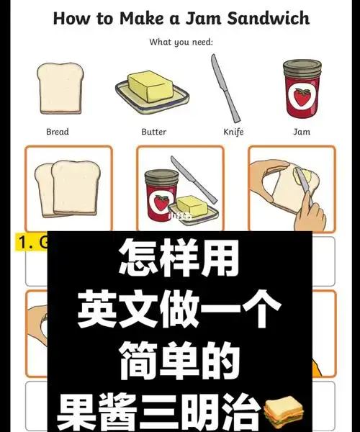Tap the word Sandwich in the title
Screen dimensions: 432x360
[266, 18]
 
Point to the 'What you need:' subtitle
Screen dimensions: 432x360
[181, 42]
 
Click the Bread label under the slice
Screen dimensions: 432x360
[58, 132]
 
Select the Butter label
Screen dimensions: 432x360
[153, 132]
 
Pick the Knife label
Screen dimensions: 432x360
[233, 132]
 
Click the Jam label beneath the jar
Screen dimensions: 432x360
[302, 132]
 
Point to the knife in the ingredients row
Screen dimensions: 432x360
[225, 86]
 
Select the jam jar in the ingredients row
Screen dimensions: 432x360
[302, 89]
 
